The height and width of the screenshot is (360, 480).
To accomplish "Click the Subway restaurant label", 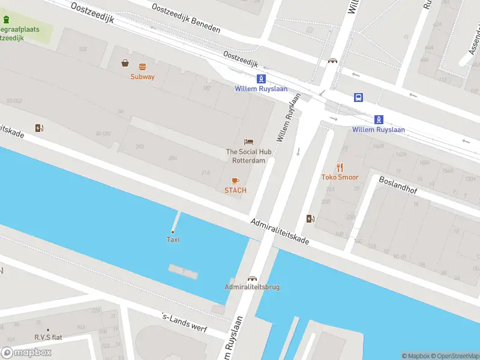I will coord(142,77).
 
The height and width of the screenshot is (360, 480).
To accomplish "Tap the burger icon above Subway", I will coord(142,67).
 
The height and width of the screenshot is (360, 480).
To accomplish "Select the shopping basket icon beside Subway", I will coord(125,63).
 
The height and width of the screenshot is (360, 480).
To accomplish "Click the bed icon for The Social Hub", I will coord(248,142).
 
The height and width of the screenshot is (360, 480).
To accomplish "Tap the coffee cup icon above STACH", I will coord(235,181).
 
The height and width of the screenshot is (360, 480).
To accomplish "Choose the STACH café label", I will coord(235,191).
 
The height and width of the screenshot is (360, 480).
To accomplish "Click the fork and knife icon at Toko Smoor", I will coord(340,167).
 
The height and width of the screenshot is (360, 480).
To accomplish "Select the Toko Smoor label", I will coord(340,178).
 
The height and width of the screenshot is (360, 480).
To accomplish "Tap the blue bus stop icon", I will coord(358,98).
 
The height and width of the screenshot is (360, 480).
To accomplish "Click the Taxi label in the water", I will coord(173,240).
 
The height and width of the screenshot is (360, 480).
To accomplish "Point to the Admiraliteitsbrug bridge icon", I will coord(252,278).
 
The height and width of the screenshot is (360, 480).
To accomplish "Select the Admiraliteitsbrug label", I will coord(252,287).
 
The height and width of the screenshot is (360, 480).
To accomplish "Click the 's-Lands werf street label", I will coord(185,323).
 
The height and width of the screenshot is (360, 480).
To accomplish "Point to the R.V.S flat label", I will coord(48,337).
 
